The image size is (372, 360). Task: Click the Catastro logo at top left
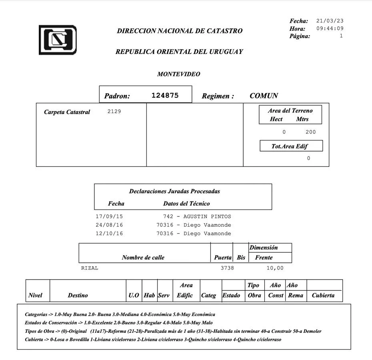tap(58, 40)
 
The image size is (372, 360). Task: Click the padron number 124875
tap(165, 96)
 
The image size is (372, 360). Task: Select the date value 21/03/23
tap(330, 21)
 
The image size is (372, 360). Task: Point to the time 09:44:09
tap(330, 28)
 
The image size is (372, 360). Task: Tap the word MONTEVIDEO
tap(178, 74)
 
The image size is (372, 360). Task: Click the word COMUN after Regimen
tap(264, 96)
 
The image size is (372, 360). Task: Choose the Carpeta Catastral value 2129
tap(114, 112)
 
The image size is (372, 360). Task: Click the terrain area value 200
tap(310, 132)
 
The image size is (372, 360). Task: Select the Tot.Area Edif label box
tap(291, 146)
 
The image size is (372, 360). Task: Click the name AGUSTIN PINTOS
tap(207, 216)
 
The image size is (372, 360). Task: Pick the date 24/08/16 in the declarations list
tap(109, 225)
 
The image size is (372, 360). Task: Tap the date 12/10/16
tap(109, 234)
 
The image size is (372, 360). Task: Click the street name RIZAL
tap(90, 268)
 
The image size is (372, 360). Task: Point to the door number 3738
tap(227, 268)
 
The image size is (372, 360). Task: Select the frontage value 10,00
tap(275, 268)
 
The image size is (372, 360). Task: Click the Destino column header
tap(78, 296)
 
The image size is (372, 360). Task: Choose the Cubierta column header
tap(323, 296)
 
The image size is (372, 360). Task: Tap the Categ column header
tap(208, 296)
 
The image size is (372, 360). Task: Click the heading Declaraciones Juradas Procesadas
tap(174, 191)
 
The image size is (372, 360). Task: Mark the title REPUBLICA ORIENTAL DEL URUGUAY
tap(179, 52)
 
